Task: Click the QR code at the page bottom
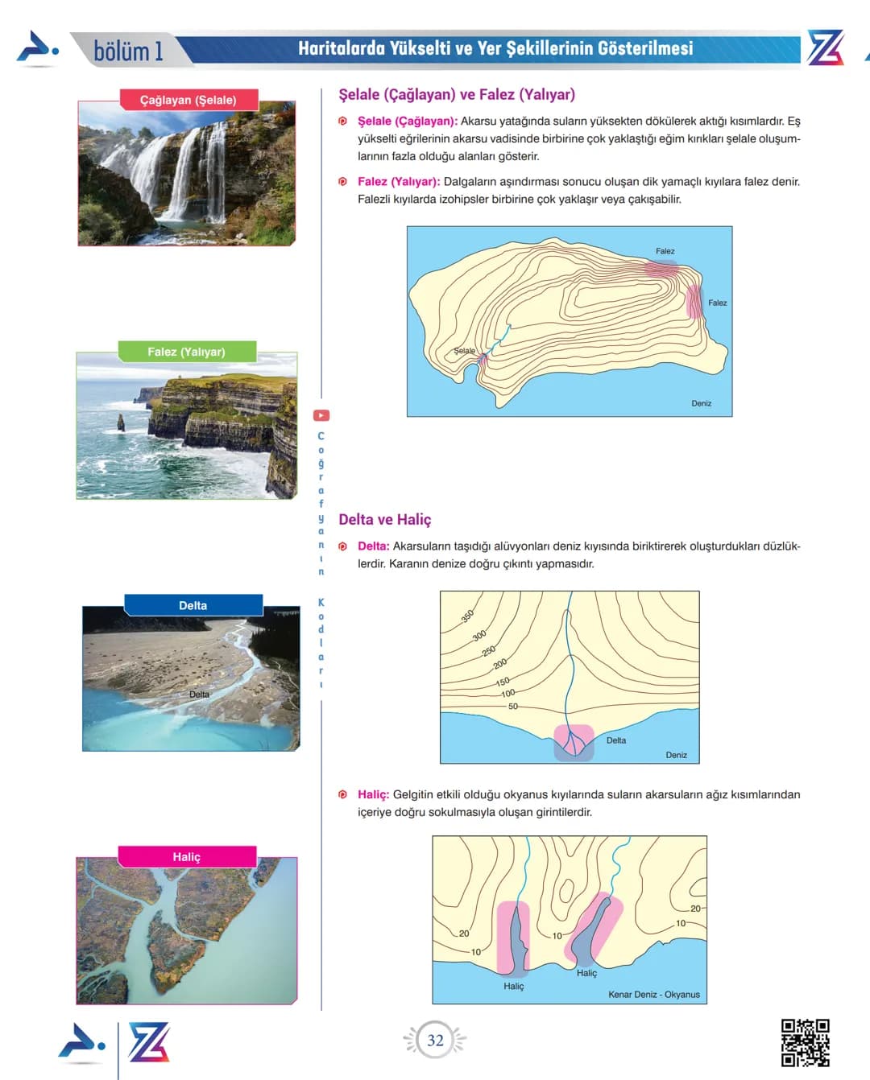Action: pyautogui.click(x=806, y=1042)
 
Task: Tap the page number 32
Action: pyautogui.click(x=435, y=1041)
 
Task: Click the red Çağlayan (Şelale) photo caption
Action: pyautogui.click(x=188, y=100)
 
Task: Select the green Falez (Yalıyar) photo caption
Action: pyautogui.click(x=187, y=352)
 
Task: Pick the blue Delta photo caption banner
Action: pyautogui.click(x=193, y=605)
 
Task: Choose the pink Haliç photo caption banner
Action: pyautogui.click(x=187, y=856)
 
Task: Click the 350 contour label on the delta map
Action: pyautogui.click(x=467, y=616)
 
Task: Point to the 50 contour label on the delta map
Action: pyautogui.click(x=513, y=706)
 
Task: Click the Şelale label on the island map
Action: pyautogui.click(x=464, y=350)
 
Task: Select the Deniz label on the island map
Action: pyautogui.click(x=701, y=403)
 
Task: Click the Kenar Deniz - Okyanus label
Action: pyautogui.click(x=654, y=994)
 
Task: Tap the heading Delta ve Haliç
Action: pyautogui.click(x=385, y=519)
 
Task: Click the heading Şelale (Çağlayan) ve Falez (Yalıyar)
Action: pyautogui.click(x=457, y=94)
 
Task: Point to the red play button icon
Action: pyautogui.click(x=321, y=415)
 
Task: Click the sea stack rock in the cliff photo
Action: pyautogui.click(x=121, y=423)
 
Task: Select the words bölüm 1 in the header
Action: pyautogui.click(x=129, y=52)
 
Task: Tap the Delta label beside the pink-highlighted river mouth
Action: pyautogui.click(x=616, y=740)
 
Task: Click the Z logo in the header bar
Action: pyautogui.click(x=826, y=47)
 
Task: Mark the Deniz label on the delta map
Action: pyautogui.click(x=676, y=755)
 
